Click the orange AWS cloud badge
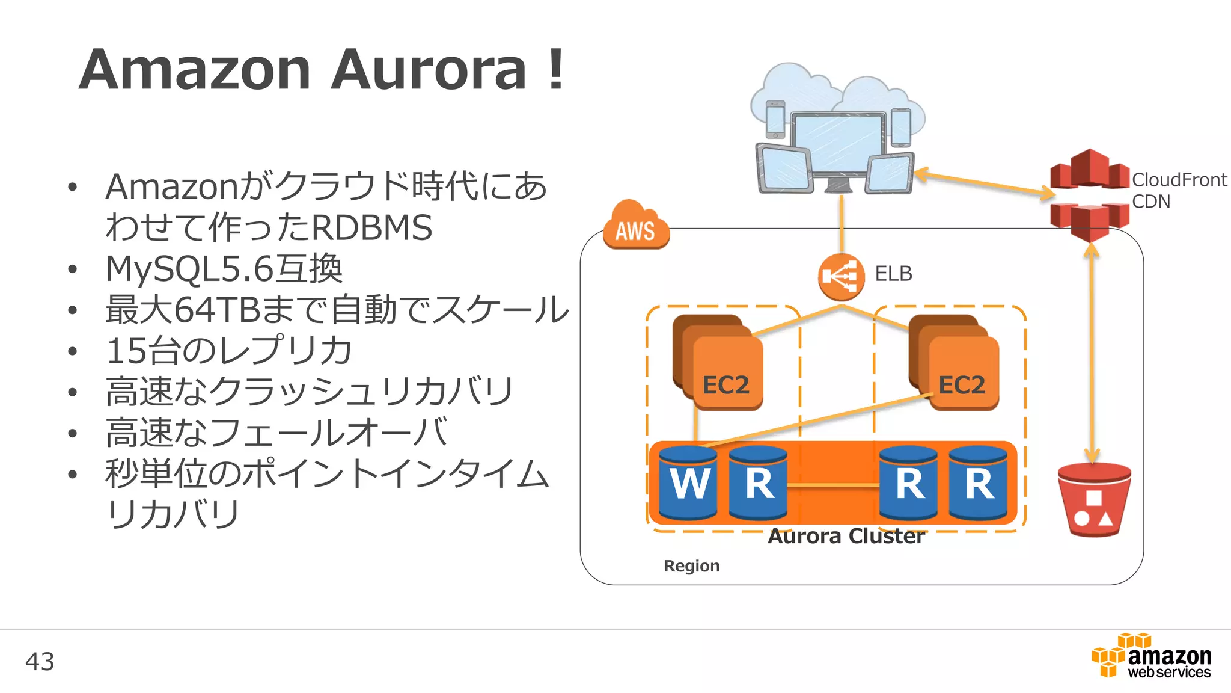[x=636, y=227]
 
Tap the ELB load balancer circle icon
[x=841, y=277]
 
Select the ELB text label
[x=893, y=274]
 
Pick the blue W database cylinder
[x=688, y=482]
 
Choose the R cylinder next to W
[x=758, y=482]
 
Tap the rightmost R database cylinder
[x=978, y=482]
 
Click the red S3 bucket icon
[x=1094, y=499]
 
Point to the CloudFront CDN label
[x=1178, y=190]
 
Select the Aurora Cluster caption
[x=846, y=536]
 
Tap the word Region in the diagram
[x=691, y=566]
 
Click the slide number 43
[x=40, y=662]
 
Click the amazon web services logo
[x=1152, y=657]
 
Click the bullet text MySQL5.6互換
[x=224, y=268]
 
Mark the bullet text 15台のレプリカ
[x=228, y=351]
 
